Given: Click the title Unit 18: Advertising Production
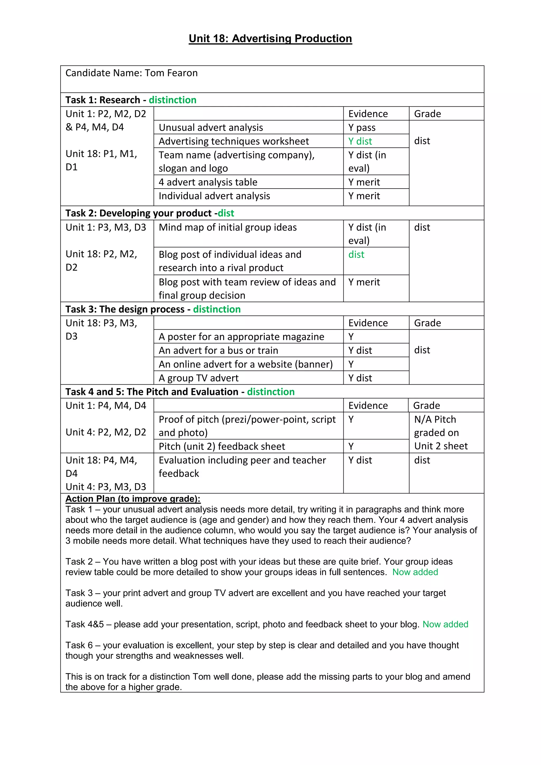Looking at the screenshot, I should click(270, 39).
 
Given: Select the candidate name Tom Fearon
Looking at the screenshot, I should click(171, 73).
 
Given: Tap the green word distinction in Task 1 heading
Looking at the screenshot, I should click(172, 100).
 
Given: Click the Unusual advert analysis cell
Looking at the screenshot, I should click(211, 128).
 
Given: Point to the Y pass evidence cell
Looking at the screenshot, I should click(362, 128).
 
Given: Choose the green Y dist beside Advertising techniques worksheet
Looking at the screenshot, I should click(360, 141).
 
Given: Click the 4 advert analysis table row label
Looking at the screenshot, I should click(208, 182).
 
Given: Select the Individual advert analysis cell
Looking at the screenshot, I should click(214, 196).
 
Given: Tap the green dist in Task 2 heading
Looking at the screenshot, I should click(226, 213).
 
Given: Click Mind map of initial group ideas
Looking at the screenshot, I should click(227, 227).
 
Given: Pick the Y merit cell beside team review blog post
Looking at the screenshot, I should click(364, 282).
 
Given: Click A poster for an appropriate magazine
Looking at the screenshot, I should click(241, 337).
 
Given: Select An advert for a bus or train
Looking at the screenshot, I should click(218, 351).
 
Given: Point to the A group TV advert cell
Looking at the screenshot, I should click(199, 378).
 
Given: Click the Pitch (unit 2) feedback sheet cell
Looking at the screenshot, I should click(222, 446).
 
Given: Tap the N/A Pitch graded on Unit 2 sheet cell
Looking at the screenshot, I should click(440, 433).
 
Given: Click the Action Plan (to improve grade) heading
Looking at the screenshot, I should click(133, 499).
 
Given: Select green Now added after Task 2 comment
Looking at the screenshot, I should click(415, 572).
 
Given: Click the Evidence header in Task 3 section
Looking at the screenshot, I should click(368, 323).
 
